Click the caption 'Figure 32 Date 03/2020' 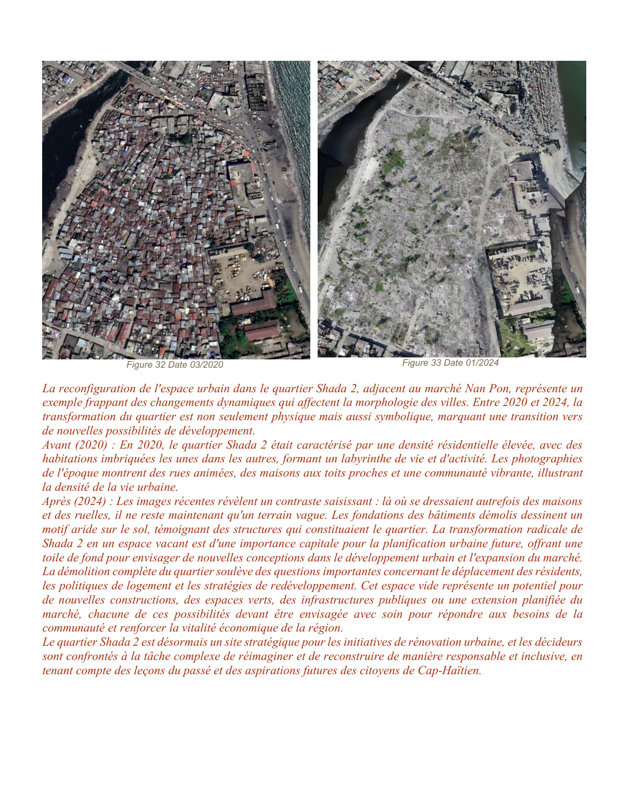coord(175,365)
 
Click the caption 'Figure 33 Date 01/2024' coord(450,363)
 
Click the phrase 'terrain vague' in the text coord(291,515)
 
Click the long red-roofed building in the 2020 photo coord(253,302)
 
